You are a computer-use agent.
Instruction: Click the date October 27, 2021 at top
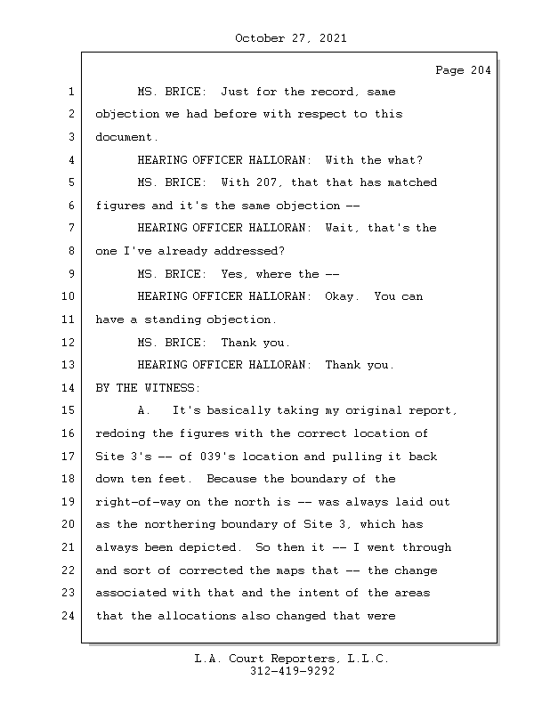(x=291, y=38)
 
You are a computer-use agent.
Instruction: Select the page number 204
(x=481, y=70)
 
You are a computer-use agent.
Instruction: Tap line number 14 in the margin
(x=68, y=388)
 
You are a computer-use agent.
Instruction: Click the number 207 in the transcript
(x=266, y=182)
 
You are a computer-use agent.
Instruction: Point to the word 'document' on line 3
(x=124, y=137)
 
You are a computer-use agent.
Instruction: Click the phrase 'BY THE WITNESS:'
(x=148, y=388)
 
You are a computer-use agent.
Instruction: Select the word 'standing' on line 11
(x=172, y=320)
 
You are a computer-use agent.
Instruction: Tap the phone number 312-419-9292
(x=292, y=671)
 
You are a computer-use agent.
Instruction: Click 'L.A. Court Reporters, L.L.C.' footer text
(x=292, y=659)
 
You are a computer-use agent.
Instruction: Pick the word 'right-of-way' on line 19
(x=138, y=502)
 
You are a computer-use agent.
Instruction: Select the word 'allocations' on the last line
(x=197, y=616)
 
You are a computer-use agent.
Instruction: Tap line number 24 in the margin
(x=68, y=616)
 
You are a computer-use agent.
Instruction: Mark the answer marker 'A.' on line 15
(x=144, y=410)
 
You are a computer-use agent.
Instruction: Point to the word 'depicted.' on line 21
(x=210, y=547)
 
